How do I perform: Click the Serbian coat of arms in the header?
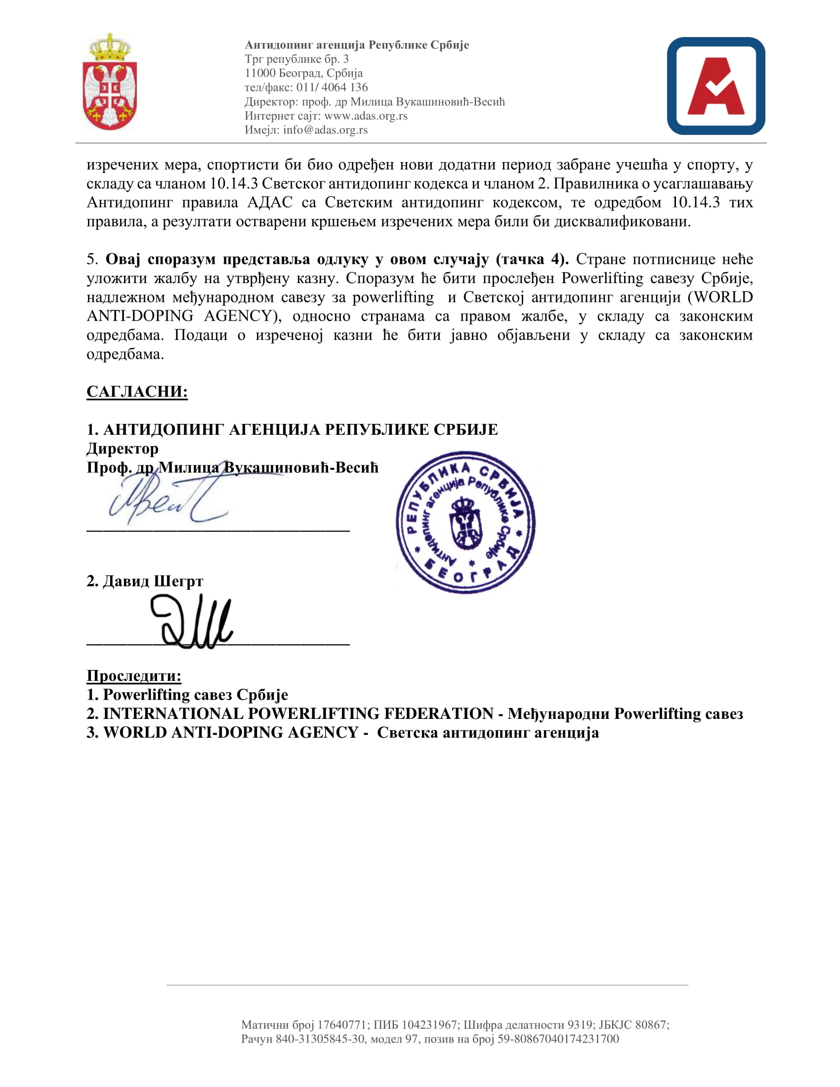click(x=110, y=82)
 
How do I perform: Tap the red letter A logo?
click(x=715, y=86)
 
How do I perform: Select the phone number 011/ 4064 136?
click(x=332, y=87)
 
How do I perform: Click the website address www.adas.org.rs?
click(x=366, y=116)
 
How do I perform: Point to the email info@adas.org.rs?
click(x=326, y=130)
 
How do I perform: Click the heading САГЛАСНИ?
click(x=137, y=391)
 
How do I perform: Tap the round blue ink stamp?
click(x=466, y=523)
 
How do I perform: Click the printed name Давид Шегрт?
click(x=153, y=581)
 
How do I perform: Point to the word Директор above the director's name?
click(x=123, y=449)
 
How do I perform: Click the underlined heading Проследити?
click(x=134, y=675)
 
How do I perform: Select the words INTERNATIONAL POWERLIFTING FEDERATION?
click(x=297, y=714)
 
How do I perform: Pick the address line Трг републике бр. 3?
click(x=296, y=59)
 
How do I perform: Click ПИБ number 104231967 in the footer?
click(x=429, y=1021)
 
